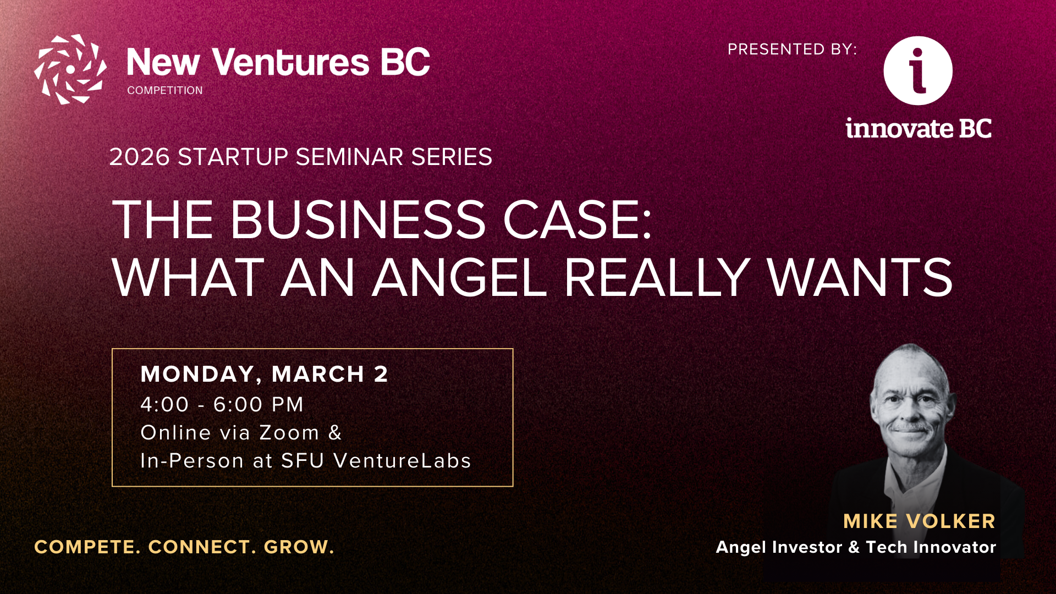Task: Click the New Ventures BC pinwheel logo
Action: pyautogui.click(x=70, y=69)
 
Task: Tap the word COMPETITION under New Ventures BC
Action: pyautogui.click(x=165, y=90)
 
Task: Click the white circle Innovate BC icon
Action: pyautogui.click(x=918, y=70)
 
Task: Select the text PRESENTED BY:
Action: pyautogui.click(x=793, y=50)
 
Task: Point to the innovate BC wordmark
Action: pyautogui.click(x=919, y=128)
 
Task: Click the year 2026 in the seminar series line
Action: pyautogui.click(x=140, y=157)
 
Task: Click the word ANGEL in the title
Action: pyautogui.click(x=459, y=277)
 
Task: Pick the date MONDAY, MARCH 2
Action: pyautogui.click(x=265, y=374)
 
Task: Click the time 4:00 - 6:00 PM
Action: pyautogui.click(x=222, y=404)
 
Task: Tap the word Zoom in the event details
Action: pyautogui.click(x=289, y=433)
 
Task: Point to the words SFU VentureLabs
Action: pyautogui.click(x=376, y=461)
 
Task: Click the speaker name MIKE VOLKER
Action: pyautogui.click(x=919, y=521)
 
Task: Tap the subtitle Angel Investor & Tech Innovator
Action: pyautogui.click(x=856, y=547)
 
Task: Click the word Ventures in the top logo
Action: pyautogui.click(x=291, y=62)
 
